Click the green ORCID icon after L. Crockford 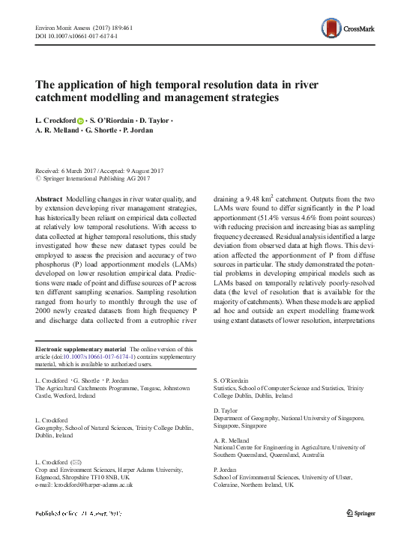[80, 120]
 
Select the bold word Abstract [49, 198]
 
